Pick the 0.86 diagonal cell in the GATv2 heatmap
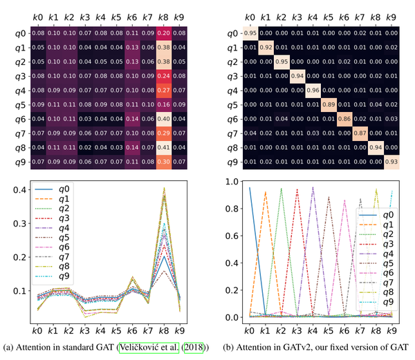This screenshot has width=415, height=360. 344,118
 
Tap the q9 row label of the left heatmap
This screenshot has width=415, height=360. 21,162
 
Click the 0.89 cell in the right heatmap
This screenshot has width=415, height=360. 328,104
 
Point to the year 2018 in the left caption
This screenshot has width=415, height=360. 188,346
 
